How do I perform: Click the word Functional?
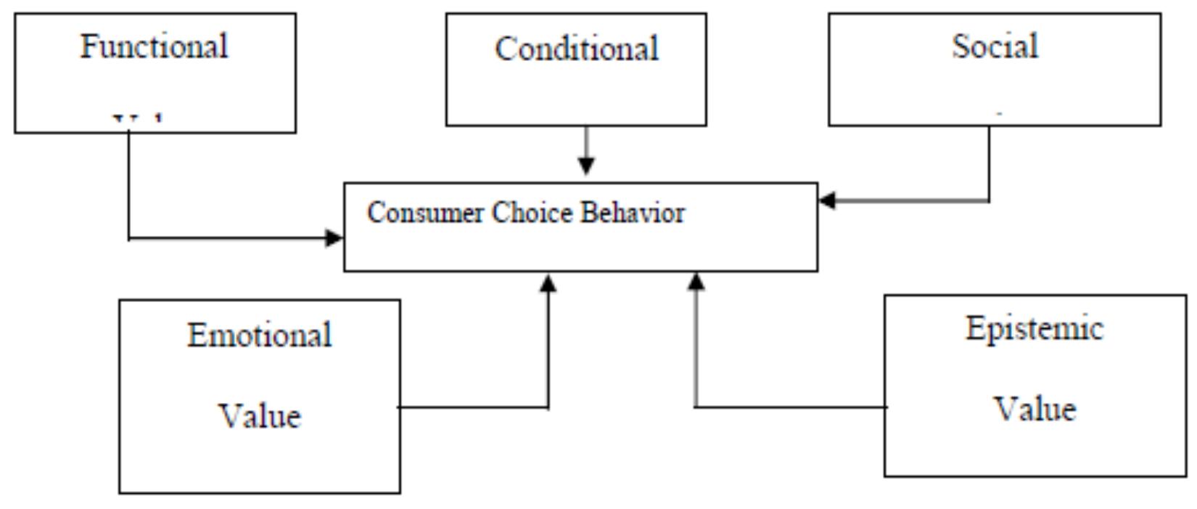coord(154,46)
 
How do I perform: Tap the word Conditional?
coord(577,49)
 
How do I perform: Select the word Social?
coord(995,46)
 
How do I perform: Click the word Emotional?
coord(260,335)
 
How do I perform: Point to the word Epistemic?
coord(1034,328)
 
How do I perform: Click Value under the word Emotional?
coord(260,416)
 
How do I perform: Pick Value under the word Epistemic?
coord(1034,408)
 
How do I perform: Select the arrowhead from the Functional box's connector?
coord(334,237)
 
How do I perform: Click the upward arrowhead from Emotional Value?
coord(548,283)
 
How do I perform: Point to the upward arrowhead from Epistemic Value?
coord(696,282)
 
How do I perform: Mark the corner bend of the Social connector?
coord(989,200)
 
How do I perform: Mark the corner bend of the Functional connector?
coord(129,237)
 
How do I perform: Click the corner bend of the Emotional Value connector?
coord(548,407)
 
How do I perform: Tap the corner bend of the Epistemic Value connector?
coord(696,407)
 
